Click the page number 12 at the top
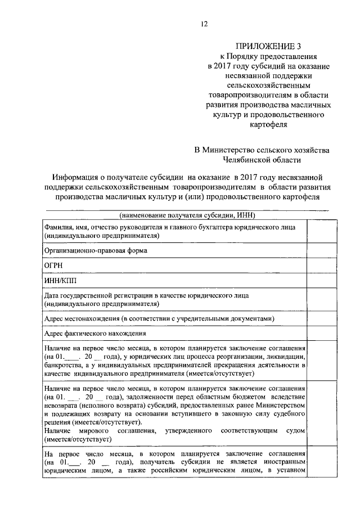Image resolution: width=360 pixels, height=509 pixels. click(x=204, y=24)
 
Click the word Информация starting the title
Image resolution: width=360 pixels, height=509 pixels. click(x=79, y=177)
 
